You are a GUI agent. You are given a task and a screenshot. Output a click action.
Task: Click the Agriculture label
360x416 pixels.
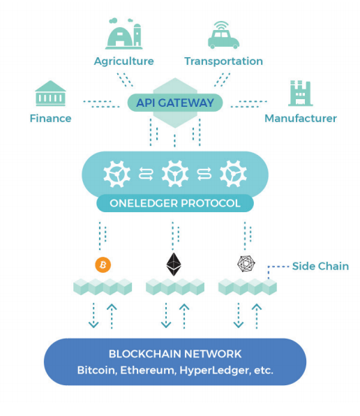pos(123,61)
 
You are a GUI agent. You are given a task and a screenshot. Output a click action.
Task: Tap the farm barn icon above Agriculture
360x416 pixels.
pos(123,34)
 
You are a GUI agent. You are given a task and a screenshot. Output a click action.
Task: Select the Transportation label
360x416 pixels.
pos(223,61)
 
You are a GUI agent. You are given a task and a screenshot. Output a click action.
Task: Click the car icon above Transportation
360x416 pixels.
pos(223,36)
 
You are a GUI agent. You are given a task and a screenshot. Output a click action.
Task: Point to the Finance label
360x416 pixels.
pos(50,119)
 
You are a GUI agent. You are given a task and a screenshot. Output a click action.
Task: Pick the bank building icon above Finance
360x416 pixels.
pos(50,94)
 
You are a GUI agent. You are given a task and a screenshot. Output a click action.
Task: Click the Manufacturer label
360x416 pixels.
pos(301,119)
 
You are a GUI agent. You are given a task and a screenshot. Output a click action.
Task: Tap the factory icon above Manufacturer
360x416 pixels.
pos(301,93)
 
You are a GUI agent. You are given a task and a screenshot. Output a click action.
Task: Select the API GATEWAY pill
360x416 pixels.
pos(175,103)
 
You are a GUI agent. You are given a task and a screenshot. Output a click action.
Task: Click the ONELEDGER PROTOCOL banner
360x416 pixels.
pos(175,203)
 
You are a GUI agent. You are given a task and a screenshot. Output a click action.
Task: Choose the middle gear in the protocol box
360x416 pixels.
pos(175,174)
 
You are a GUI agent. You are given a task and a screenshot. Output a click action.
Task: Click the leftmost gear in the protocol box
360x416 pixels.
pos(117,174)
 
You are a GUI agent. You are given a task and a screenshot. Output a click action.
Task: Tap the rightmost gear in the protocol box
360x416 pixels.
pos(233,174)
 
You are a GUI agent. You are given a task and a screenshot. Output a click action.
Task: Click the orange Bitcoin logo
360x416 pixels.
pos(103,265)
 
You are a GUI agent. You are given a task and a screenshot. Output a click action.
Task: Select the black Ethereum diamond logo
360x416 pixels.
pos(174,265)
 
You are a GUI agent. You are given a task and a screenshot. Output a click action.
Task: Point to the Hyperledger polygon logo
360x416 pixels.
pos(246,264)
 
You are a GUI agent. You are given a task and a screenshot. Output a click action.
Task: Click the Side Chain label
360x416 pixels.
pos(320,266)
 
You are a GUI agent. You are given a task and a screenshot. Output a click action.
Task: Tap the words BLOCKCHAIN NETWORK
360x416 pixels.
pos(175,354)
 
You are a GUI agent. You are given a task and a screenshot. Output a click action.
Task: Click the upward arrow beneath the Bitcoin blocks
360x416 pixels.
pos(112,316)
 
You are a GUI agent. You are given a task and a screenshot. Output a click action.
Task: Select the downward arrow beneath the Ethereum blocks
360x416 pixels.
pos(166,315)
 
